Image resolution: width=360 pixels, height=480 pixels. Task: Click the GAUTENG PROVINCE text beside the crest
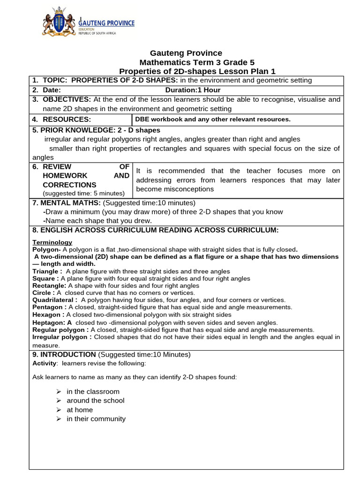point(106,23)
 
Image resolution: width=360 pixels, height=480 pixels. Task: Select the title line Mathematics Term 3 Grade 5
point(197,62)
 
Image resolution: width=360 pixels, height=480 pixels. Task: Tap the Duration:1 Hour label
point(193,90)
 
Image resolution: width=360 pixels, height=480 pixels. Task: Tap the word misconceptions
point(175,189)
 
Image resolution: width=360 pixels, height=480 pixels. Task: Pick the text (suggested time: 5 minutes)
point(83,194)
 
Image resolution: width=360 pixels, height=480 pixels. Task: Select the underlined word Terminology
point(52,242)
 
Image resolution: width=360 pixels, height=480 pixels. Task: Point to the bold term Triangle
point(47,271)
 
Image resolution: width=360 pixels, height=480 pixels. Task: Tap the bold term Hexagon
point(48,315)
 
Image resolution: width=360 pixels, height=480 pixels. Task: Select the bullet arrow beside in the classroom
point(59,391)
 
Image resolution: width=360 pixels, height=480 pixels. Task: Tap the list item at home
point(80,410)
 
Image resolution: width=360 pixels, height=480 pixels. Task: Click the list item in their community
point(96,419)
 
